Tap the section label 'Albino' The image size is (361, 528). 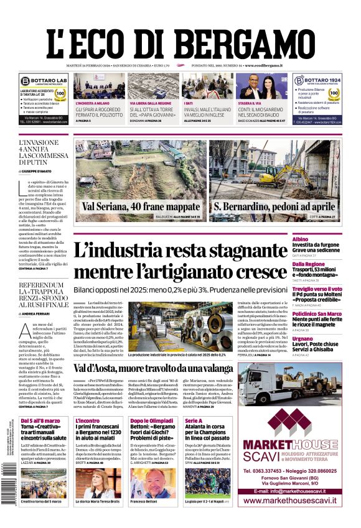click(317, 239)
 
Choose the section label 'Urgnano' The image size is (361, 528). click(321, 338)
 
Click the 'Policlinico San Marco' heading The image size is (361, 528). click(326, 314)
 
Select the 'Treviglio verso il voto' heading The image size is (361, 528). click(326, 289)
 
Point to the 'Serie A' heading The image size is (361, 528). click(194, 421)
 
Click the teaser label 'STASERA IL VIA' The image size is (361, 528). click(249, 103)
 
